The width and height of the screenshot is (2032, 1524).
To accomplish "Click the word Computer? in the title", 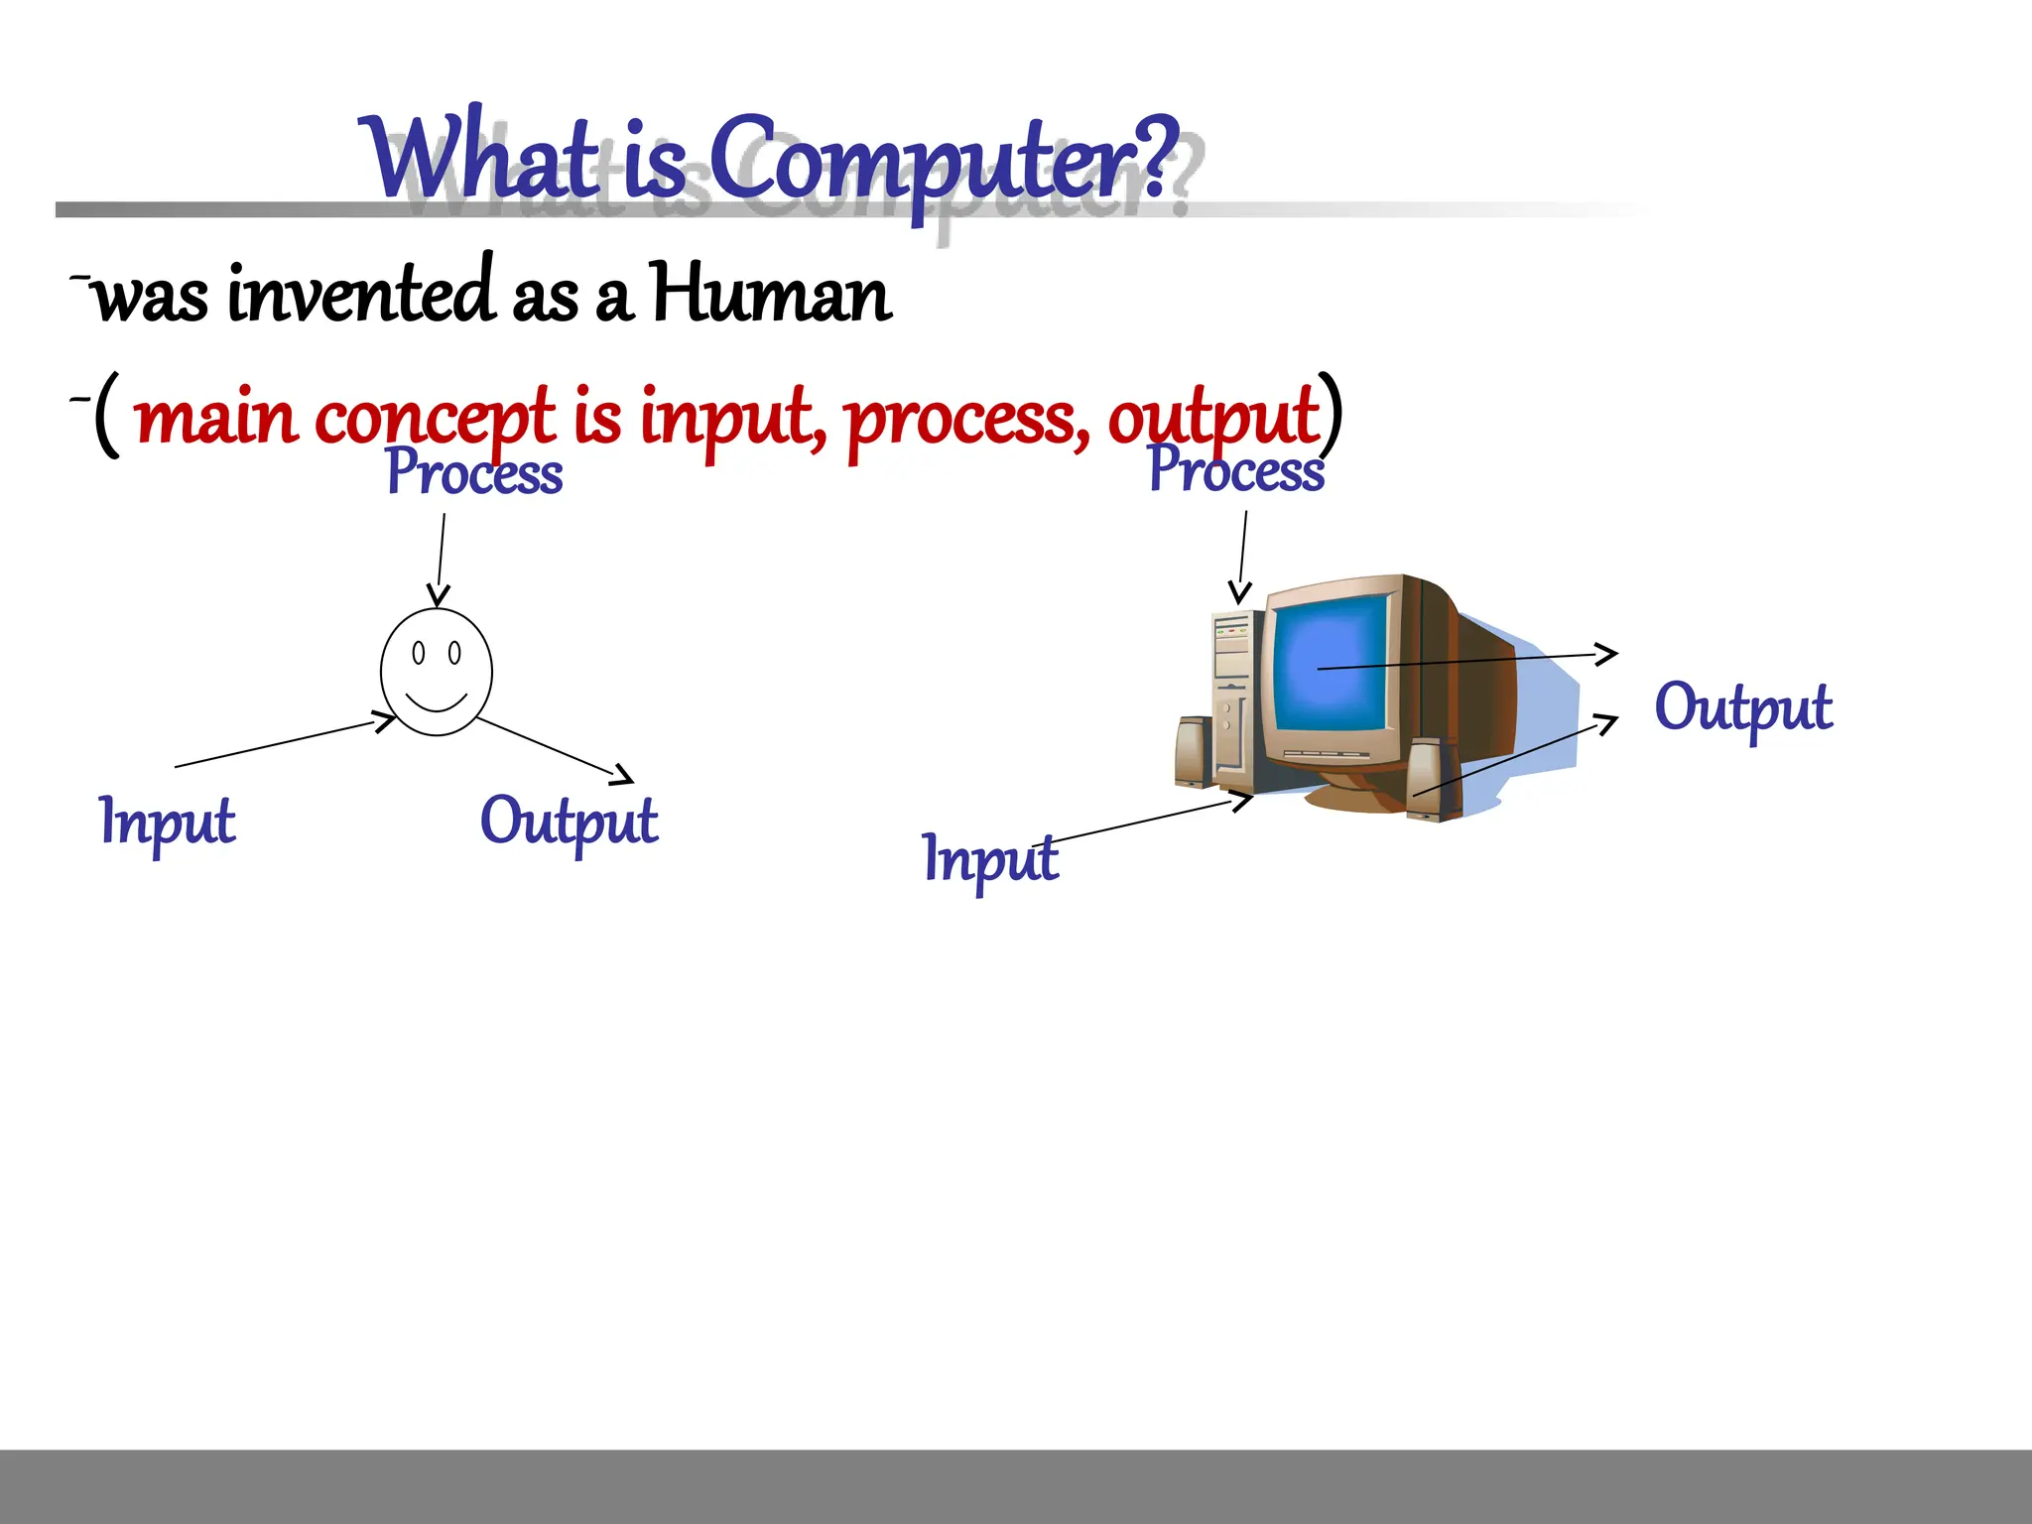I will [x=943, y=159].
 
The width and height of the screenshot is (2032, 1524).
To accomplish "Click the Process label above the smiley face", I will [x=474, y=473].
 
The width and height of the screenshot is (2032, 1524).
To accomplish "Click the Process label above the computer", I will [x=1235, y=470].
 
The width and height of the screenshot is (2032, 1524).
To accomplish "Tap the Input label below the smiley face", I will [x=168, y=822].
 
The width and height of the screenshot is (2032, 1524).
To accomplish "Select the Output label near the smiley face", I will [x=569, y=822].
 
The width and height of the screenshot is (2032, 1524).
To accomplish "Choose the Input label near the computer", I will [x=990, y=859].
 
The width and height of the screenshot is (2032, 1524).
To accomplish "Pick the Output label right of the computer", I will [x=1742, y=708].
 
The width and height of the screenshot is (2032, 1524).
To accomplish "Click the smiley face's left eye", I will [x=419, y=653].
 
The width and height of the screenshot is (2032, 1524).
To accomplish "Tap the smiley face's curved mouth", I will [x=437, y=703].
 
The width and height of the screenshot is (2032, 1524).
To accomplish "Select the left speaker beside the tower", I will [x=1194, y=751].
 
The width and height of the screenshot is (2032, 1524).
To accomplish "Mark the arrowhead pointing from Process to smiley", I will [x=438, y=595].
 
